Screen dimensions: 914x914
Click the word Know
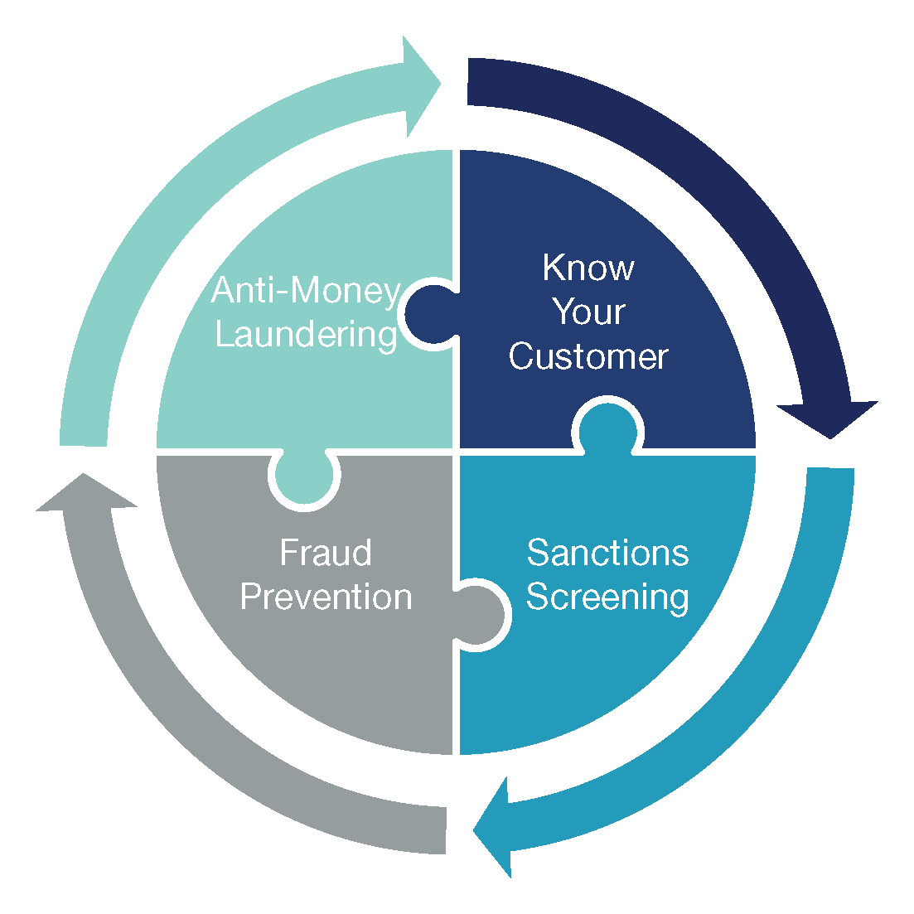click(x=588, y=268)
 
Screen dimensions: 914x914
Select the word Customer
click(x=588, y=356)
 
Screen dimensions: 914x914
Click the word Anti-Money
click(x=306, y=290)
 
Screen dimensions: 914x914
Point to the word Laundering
click(x=307, y=335)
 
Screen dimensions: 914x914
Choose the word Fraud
click(x=326, y=552)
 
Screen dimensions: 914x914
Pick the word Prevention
click(x=326, y=597)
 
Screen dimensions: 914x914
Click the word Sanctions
click(x=607, y=552)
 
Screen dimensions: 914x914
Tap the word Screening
click(x=607, y=597)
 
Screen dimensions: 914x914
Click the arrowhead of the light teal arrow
click(x=419, y=85)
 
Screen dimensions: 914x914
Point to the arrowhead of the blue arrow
click(x=494, y=828)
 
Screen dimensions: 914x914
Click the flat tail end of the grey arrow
click(x=446, y=830)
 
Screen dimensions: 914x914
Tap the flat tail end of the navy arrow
click(x=469, y=81)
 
